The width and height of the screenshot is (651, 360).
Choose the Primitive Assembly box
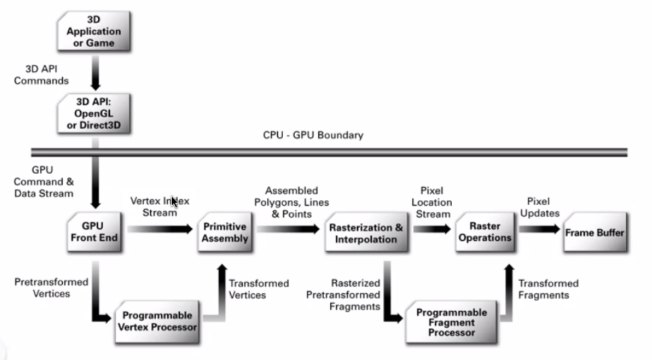(x=225, y=232)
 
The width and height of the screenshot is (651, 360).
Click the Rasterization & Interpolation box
(x=365, y=232)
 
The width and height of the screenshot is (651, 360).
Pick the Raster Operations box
(x=485, y=232)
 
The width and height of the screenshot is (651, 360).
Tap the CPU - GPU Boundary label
(x=313, y=136)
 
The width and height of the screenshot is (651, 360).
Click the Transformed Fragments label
(x=548, y=289)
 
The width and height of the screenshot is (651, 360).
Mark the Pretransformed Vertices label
(x=51, y=287)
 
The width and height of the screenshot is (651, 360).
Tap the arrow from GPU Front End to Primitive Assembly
(x=159, y=230)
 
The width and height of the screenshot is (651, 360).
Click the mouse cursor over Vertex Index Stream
(x=174, y=202)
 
